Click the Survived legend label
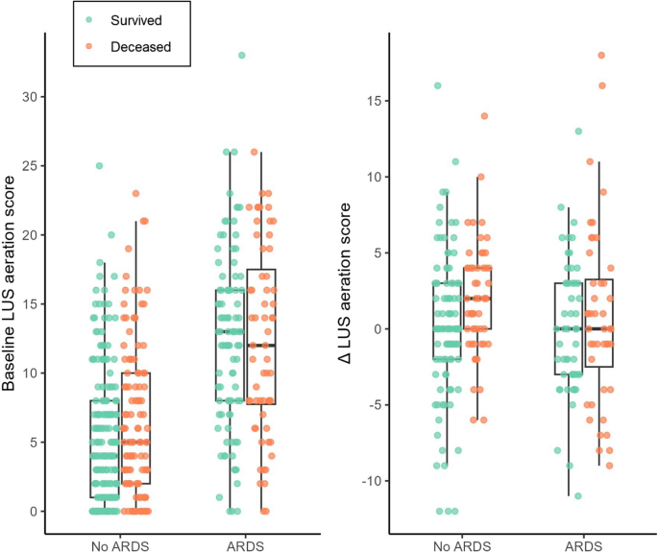coord(136,18)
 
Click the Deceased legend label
coord(138,45)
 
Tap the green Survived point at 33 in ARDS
coord(241,55)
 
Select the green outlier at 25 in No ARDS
coord(99,166)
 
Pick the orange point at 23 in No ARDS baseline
coord(135,194)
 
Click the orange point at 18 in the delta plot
coord(601,56)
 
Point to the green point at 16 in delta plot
coord(438,85)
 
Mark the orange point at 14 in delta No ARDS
coord(485,116)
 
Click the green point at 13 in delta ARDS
coord(578,132)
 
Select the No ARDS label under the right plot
coord(462,544)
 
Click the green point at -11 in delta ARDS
coord(577,495)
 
